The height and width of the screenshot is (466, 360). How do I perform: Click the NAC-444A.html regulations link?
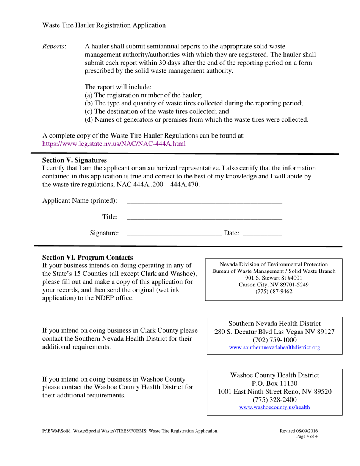pyautogui.click(x=114, y=144)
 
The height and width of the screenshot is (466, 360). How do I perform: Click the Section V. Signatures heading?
pyautogui.click(x=74, y=160)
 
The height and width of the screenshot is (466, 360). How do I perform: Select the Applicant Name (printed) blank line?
pyautogui.click(x=204, y=201)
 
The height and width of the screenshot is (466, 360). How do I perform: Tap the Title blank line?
pyautogui.click(x=204, y=217)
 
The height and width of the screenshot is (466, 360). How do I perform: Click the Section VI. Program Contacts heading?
pyautogui.click(x=88, y=257)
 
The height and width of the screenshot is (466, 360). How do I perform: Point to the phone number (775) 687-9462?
pyautogui.click(x=274, y=291)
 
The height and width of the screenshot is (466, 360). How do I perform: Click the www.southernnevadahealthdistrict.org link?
pyautogui.click(x=275, y=347)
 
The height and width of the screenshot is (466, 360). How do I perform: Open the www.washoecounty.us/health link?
pyautogui.click(x=275, y=407)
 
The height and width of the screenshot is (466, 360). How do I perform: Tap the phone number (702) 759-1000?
pyautogui.click(x=275, y=340)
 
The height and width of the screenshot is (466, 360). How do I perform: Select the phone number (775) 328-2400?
pyautogui.click(x=275, y=400)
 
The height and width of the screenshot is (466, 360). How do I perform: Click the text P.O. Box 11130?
pyautogui.click(x=275, y=383)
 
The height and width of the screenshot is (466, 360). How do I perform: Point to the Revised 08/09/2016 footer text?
pyautogui.click(x=299, y=431)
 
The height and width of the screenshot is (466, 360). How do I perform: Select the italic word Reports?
pyautogui.click(x=54, y=47)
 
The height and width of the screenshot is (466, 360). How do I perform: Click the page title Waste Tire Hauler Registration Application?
pyautogui.click(x=104, y=25)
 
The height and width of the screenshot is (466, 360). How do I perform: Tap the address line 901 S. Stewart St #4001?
pyautogui.click(x=274, y=278)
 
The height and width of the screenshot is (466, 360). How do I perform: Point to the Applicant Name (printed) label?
pyautogui.click(x=80, y=200)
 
